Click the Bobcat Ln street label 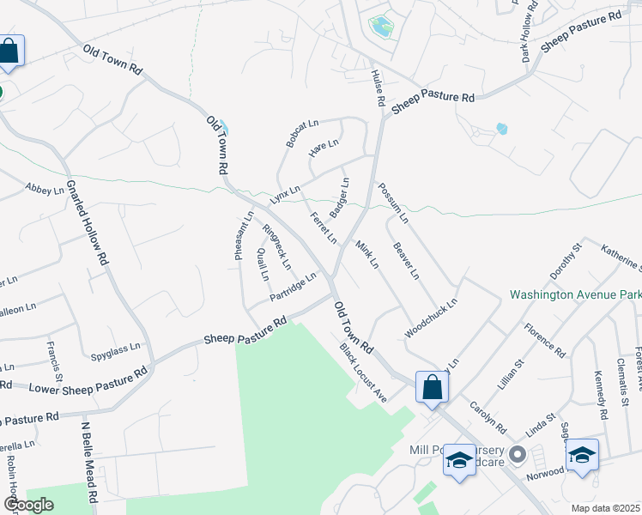[x=303, y=133]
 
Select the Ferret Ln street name [x=323, y=227]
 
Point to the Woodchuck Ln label [x=431, y=318]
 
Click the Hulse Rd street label [x=378, y=88]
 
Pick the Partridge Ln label [x=293, y=287]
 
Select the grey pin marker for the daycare [x=517, y=452]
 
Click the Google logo [x=27, y=505]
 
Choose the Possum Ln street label [x=392, y=203]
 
